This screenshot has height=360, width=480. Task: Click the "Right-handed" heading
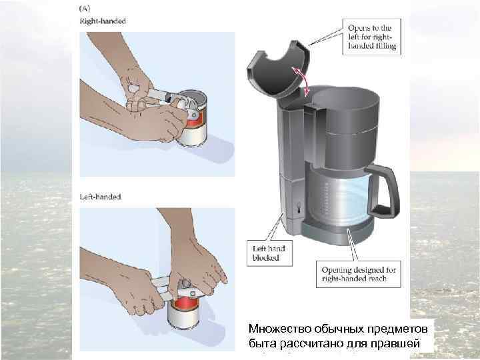[103, 21]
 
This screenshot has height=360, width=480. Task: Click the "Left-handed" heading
[101, 197]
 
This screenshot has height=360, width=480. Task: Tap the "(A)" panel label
[85, 8]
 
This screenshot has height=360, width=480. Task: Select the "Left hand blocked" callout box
[269, 253]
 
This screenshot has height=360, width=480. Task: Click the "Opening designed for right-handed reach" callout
[358, 274]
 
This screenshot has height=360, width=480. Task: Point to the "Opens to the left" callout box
[371, 37]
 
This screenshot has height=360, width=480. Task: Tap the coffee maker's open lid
[278, 71]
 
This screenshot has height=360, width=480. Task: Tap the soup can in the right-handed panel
[193, 119]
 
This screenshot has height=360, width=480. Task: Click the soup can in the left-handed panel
[184, 312]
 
